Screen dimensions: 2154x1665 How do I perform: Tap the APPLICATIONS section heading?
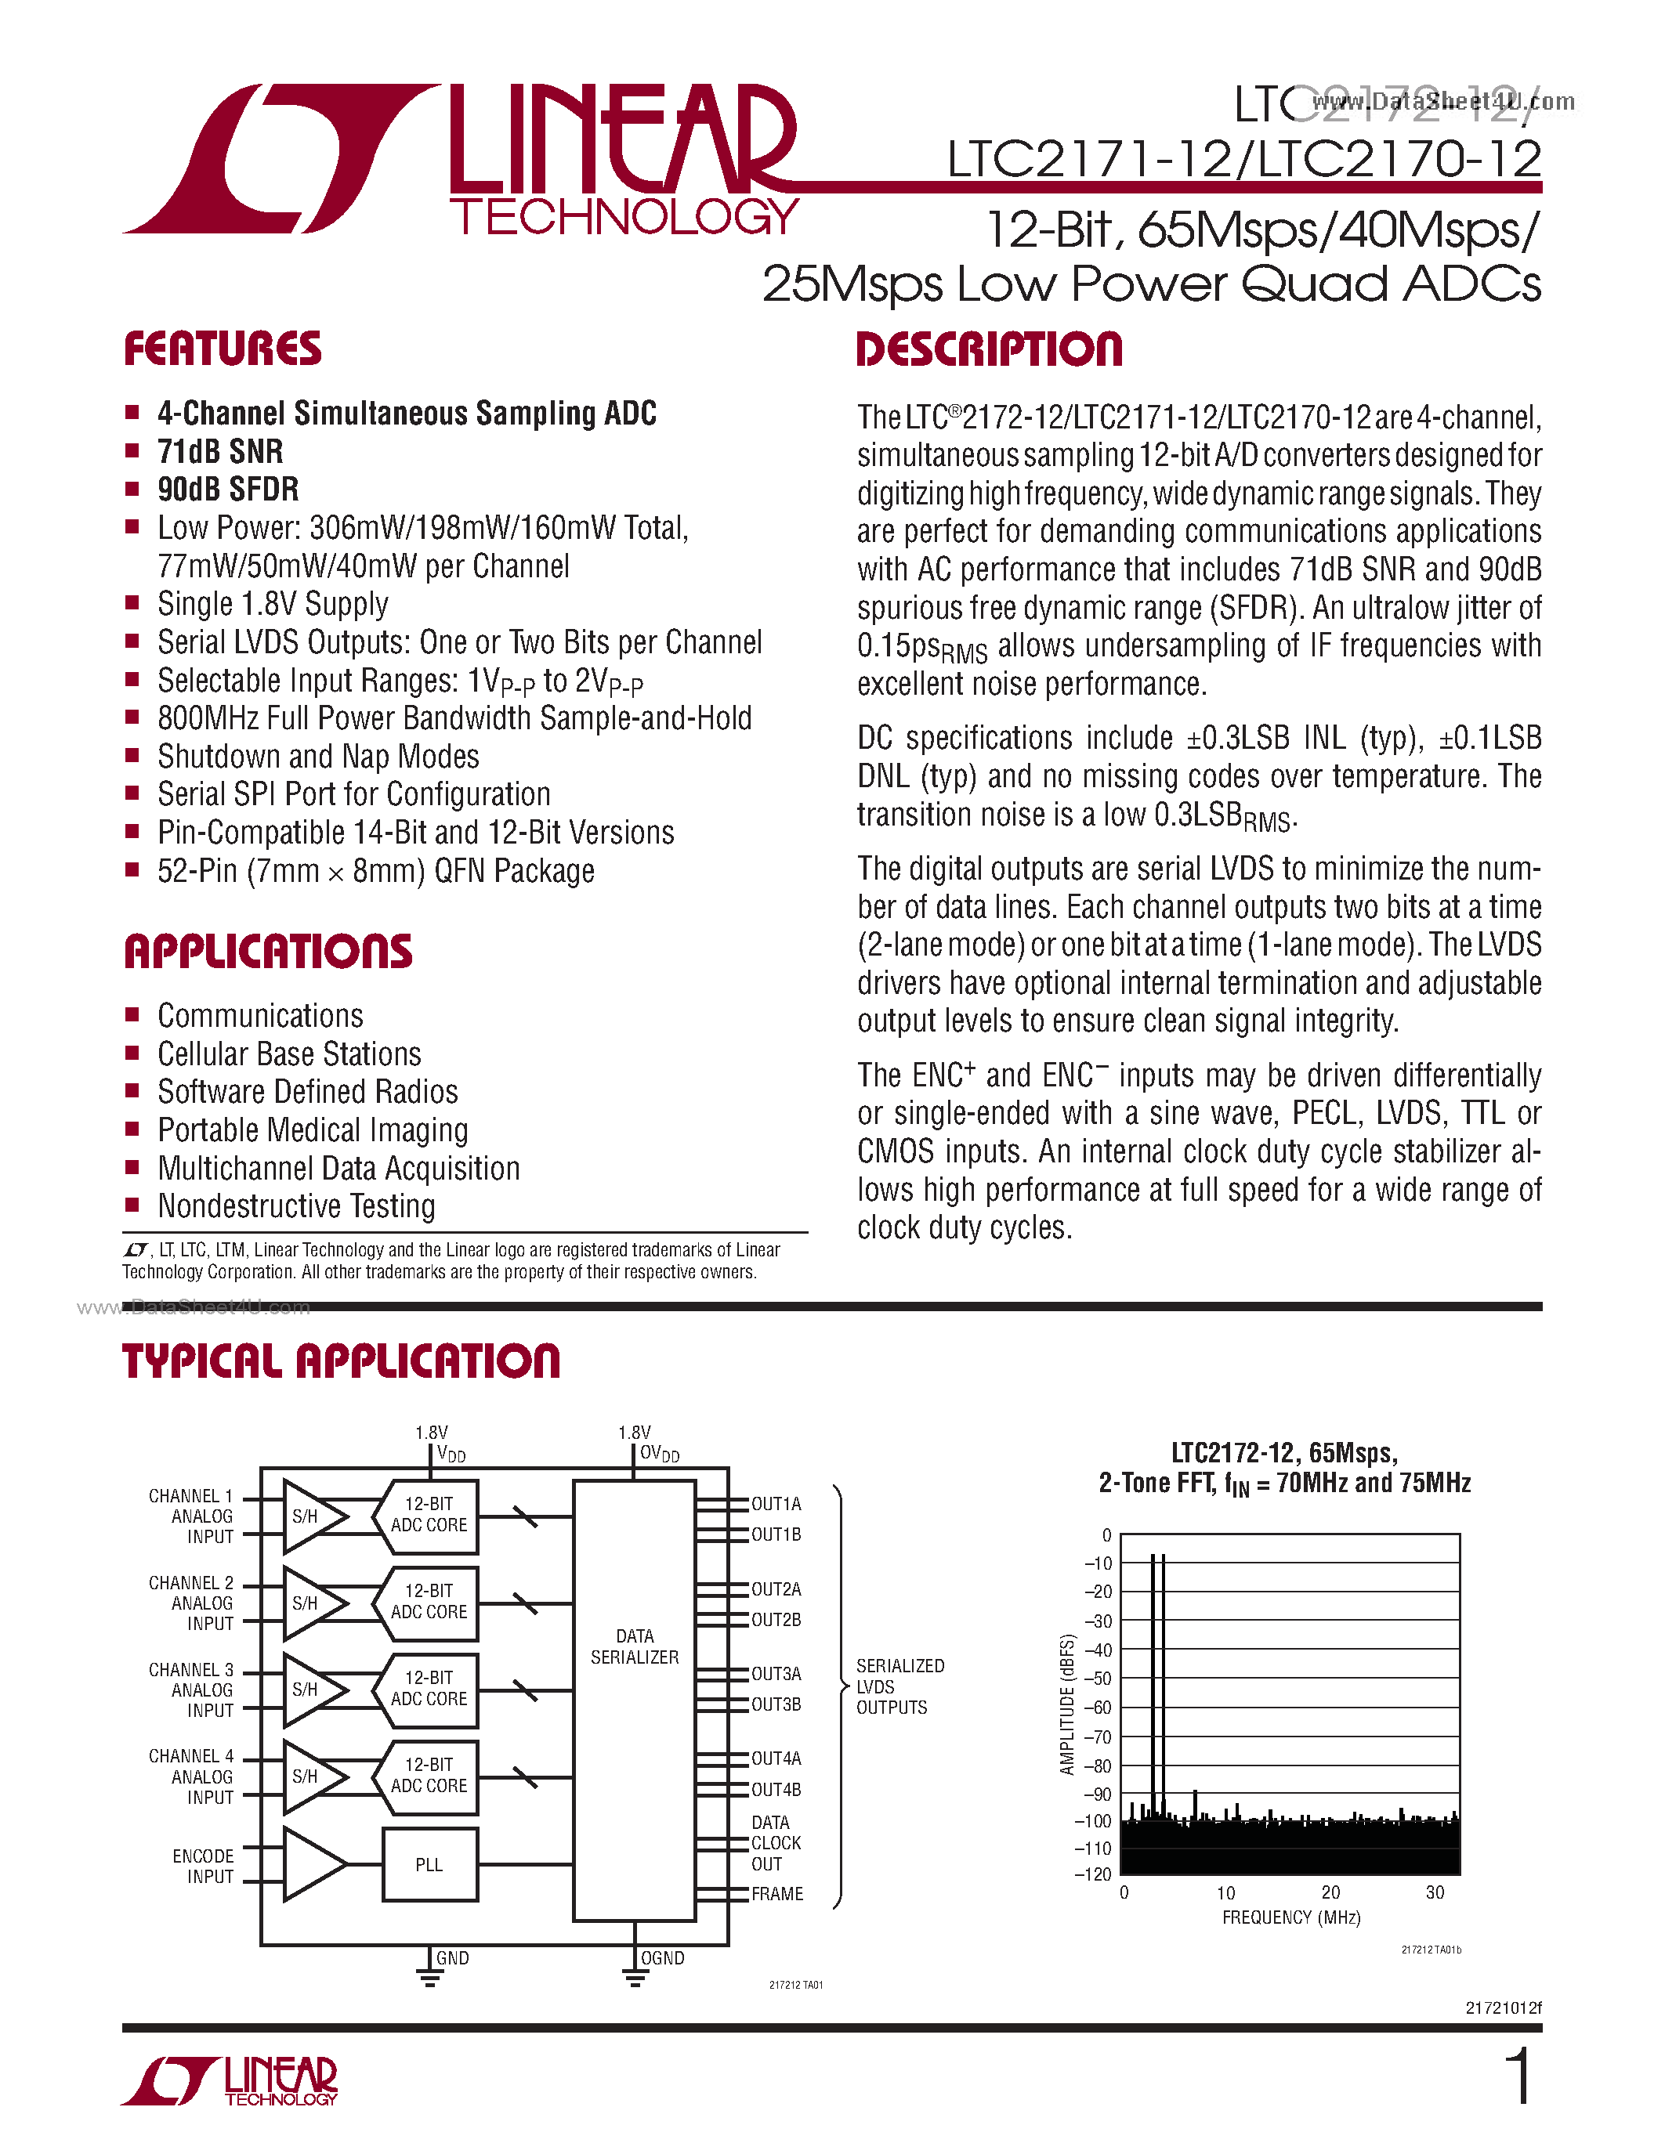(267, 952)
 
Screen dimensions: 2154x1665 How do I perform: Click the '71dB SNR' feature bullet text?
(220, 452)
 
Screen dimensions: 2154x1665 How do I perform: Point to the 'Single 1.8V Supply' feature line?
(272, 604)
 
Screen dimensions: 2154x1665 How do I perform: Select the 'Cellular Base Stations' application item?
(289, 1054)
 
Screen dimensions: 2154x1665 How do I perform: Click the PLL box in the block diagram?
(429, 1864)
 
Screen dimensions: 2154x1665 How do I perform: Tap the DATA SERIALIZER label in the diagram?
(634, 1646)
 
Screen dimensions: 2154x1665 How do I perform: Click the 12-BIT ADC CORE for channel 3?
(429, 1689)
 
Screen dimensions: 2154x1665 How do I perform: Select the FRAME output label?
(777, 1894)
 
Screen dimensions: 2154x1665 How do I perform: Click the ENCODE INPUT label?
(203, 1866)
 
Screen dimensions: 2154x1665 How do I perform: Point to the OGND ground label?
(662, 1957)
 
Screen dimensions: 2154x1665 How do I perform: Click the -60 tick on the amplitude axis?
(1098, 1708)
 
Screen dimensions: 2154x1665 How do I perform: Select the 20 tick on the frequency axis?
(1330, 1892)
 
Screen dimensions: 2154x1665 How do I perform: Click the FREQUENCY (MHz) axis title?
(1290, 1917)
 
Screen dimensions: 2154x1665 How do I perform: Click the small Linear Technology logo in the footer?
(230, 2081)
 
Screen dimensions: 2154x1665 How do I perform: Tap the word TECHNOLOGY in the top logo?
(624, 217)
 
